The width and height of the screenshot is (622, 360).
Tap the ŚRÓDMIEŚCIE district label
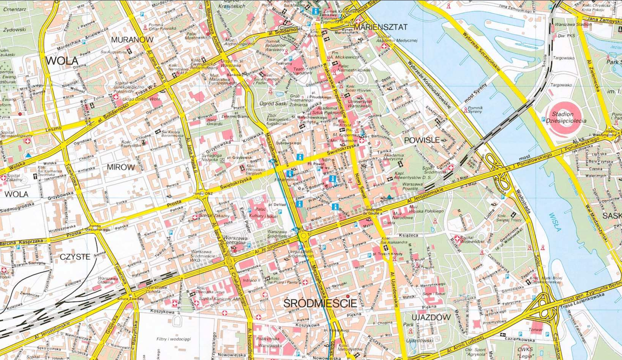click(320, 303)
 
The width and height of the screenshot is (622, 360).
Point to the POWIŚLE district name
click(421, 140)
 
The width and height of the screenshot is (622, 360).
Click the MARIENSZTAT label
click(380, 27)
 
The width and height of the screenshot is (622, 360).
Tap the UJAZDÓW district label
click(431, 317)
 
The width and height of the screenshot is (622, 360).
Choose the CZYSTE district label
click(75, 257)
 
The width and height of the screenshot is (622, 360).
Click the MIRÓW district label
click(121, 167)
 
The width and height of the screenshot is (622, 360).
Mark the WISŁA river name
click(555, 222)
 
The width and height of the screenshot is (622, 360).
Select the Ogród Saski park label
click(274, 103)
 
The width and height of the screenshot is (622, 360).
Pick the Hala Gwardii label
click(214, 122)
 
